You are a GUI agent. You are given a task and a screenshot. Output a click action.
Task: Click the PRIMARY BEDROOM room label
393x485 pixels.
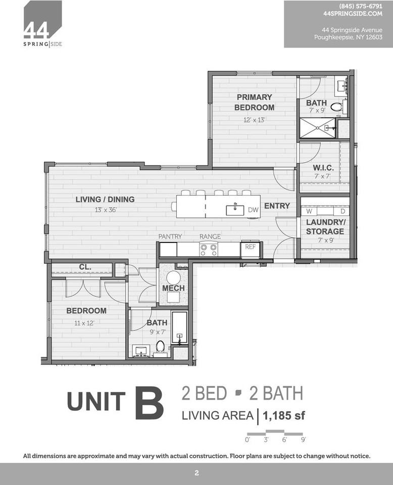pyautogui.click(x=254, y=102)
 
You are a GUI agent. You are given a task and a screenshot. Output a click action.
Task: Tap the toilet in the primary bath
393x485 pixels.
pyautogui.click(x=336, y=107)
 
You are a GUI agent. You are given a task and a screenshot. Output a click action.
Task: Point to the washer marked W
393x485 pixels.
pyautogui.click(x=309, y=211)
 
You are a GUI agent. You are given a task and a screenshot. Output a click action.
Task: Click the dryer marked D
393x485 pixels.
pyautogui.click(x=342, y=211)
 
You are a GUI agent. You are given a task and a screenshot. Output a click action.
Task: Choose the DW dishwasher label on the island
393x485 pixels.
pyautogui.click(x=253, y=209)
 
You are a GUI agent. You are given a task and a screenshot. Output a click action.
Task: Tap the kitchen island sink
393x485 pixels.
pyautogui.click(x=235, y=210)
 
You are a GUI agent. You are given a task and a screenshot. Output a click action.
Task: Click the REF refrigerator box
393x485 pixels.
pyautogui.click(x=250, y=248)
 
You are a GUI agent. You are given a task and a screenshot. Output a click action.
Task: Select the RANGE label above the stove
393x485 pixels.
pyautogui.click(x=210, y=236)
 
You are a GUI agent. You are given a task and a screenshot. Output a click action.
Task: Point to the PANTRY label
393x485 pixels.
pyautogui.click(x=170, y=236)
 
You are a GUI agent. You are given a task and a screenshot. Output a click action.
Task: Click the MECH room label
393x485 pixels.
pyautogui.click(x=173, y=288)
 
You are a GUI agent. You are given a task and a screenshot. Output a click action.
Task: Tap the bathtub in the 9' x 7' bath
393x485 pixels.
pyautogui.click(x=179, y=328)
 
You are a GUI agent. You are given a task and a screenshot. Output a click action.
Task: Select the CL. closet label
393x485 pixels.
pyautogui.click(x=85, y=267)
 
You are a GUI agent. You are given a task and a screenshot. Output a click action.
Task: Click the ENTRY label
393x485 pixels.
pyautogui.click(x=277, y=206)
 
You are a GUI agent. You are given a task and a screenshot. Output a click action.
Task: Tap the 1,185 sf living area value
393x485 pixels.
pyautogui.click(x=284, y=416)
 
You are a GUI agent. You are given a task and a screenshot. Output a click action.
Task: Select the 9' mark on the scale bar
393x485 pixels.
pyautogui.click(x=303, y=440)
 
